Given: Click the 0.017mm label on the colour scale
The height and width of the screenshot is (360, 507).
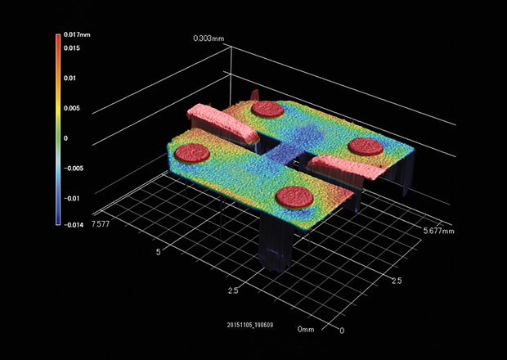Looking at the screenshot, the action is (x=77, y=34).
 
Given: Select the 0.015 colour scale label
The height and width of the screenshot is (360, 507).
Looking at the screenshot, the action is (x=72, y=48).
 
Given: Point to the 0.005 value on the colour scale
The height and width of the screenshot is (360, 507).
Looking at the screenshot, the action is (x=72, y=108).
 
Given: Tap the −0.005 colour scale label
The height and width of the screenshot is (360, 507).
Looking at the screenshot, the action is (x=74, y=169).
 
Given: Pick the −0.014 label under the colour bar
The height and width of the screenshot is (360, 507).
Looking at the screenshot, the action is (x=74, y=225).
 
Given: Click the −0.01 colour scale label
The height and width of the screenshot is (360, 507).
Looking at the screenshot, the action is (x=71, y=198).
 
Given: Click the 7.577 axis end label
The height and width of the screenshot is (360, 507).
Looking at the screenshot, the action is (x=101, y=224).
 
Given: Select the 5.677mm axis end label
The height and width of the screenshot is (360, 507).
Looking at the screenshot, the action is (x=439, y=231).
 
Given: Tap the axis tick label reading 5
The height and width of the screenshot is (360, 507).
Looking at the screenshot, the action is (x=158, y=252).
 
